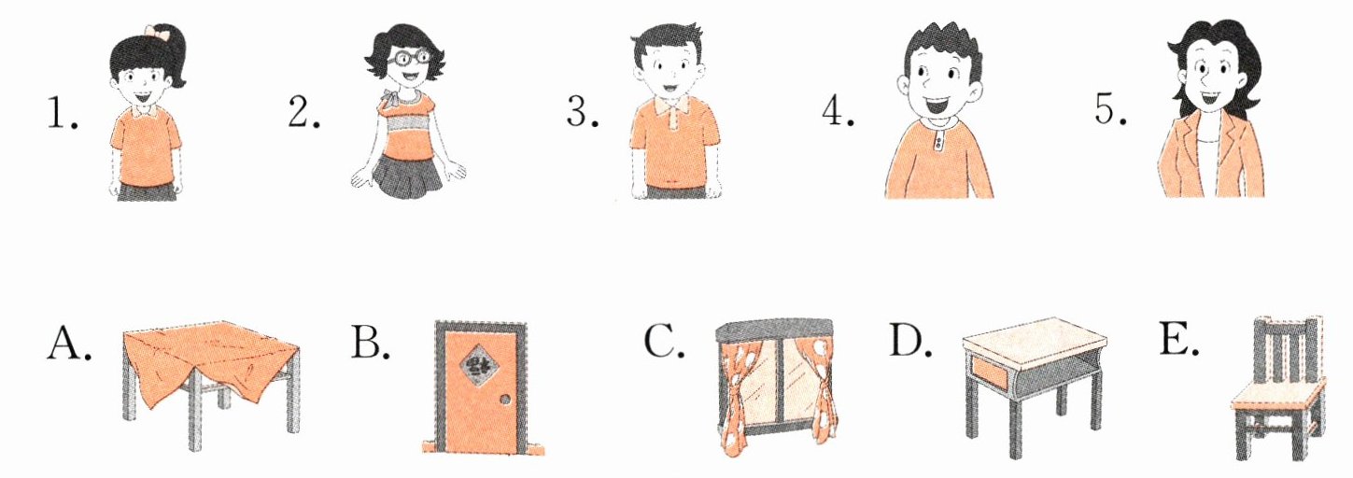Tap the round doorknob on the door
[x=505, y=401]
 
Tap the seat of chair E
[x=1277, y=393]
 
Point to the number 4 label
[x=838, y=111]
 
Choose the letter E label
[x=1177, y=341]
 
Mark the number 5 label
[x=1110, y=109]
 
